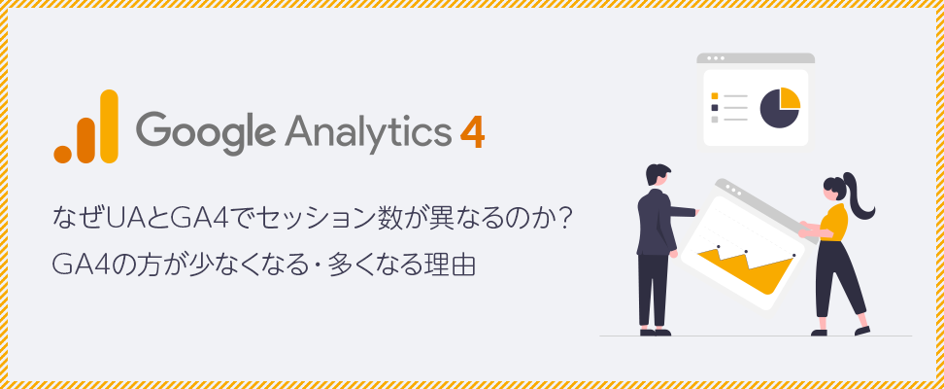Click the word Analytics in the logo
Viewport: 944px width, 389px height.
[x=368, y=130]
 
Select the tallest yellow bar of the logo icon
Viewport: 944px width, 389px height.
[x=109, y=126]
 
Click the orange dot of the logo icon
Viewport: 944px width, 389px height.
[x=62, y=155]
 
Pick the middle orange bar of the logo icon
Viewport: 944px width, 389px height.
[x=85, y=140]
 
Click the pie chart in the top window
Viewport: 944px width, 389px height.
[x=780, y=108]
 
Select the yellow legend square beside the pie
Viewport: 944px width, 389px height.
[x=715, y=96]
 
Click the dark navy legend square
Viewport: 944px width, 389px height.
[x=715, y=107]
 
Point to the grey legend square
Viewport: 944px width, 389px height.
[x=715, y=120]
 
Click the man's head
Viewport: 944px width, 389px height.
[x=657, y=174]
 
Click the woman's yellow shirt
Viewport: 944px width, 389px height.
[x=834, y=222]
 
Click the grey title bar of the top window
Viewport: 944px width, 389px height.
[x=756, y=58]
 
